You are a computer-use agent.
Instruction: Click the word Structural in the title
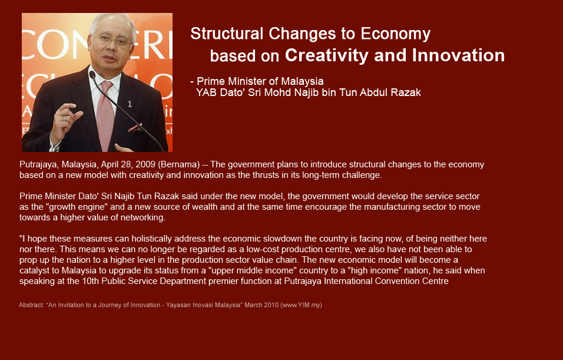tap(227, 34)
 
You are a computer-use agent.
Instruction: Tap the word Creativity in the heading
tap(326, 56)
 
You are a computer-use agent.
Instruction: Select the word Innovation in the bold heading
tap(458, 55)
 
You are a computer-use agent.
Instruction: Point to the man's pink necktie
tap(105, 114)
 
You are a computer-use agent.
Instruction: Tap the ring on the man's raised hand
tap(64, 118)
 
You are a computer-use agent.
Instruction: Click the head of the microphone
tap(92, 74)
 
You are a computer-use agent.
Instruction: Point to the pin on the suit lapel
tap(130, 104)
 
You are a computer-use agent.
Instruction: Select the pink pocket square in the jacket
tap(135, 127)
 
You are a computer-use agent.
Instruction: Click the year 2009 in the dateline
tap(145, 164)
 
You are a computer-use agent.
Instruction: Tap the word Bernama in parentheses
tap(179, 164)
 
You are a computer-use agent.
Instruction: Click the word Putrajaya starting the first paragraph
tap(38, 165)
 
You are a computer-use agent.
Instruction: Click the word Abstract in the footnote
tap(31, 305)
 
